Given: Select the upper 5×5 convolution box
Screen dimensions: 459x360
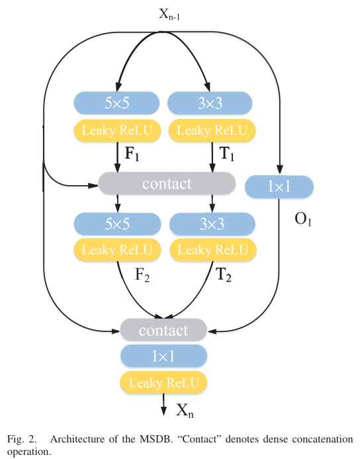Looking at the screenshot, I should tap(117, 103).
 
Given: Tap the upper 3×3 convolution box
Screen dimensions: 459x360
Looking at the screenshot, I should tap(210, 103).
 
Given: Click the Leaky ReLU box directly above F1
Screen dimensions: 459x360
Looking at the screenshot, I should tap(117, 131).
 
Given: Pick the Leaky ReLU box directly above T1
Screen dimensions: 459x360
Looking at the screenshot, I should tap(210, 131).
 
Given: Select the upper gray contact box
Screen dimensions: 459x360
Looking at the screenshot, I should tap(166, 183).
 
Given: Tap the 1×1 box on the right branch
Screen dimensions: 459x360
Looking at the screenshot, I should tap(279, 187).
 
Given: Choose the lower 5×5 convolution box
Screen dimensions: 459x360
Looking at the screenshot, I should tap(117, 224).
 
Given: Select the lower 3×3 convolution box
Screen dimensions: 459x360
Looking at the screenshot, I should tap(212, 224).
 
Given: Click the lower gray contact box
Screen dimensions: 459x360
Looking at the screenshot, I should tap(163, 329).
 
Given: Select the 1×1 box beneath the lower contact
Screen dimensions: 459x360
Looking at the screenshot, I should tap(163, 356).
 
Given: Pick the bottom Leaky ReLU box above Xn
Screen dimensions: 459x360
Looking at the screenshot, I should tap(163, 382).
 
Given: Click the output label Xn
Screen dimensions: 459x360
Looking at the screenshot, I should tap(185, 410).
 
